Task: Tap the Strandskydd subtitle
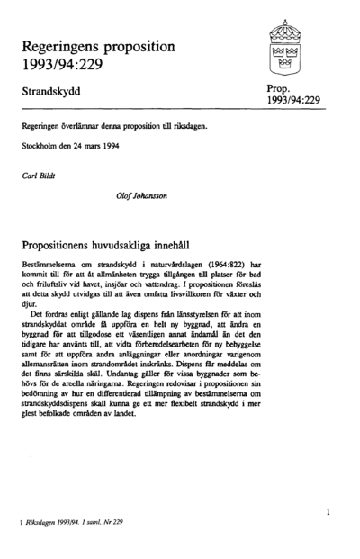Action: pyautogui.click(x=58, y=93)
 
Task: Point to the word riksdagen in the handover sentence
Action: pyautogui.click(x=190, y=127)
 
